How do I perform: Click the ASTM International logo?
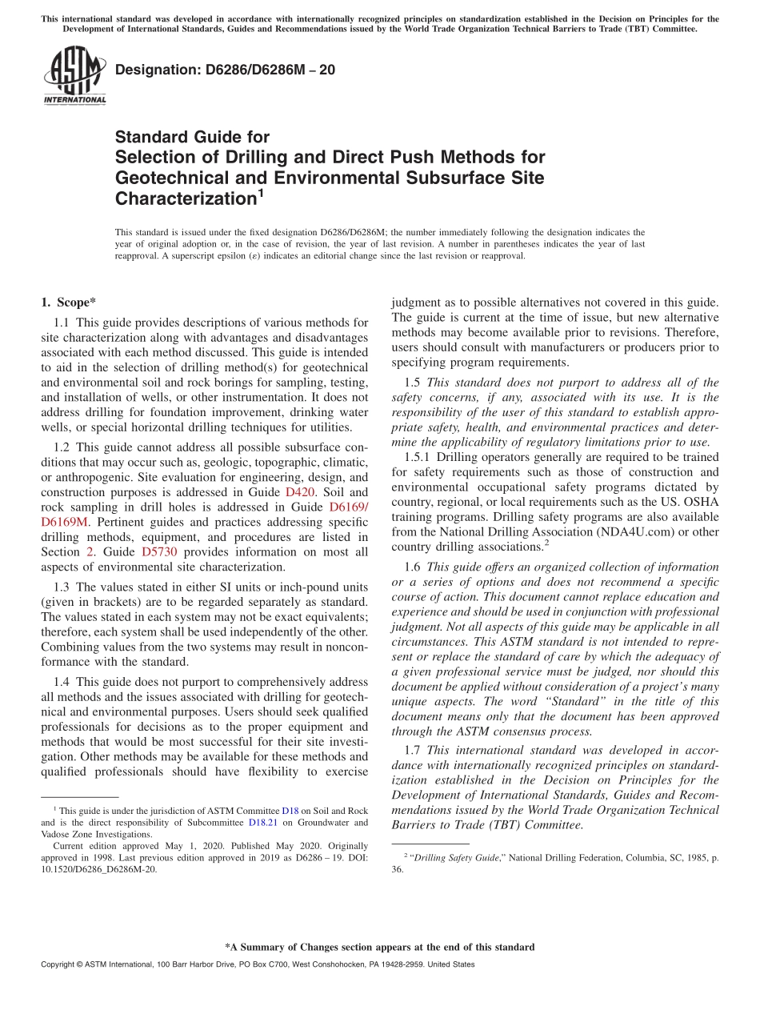(x=74, y=76)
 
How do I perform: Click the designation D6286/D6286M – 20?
(x=225, y=70)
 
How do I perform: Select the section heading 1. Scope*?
(x=68, y=302)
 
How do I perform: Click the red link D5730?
(x=158, y=551)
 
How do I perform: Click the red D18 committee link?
(x=290, y=810)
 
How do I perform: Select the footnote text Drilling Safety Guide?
(x=450, y=858)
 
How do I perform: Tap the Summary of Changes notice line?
(x=379, y=947)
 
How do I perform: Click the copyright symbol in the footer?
(x=81, y=964)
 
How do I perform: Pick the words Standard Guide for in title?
(x=192, y=137)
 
